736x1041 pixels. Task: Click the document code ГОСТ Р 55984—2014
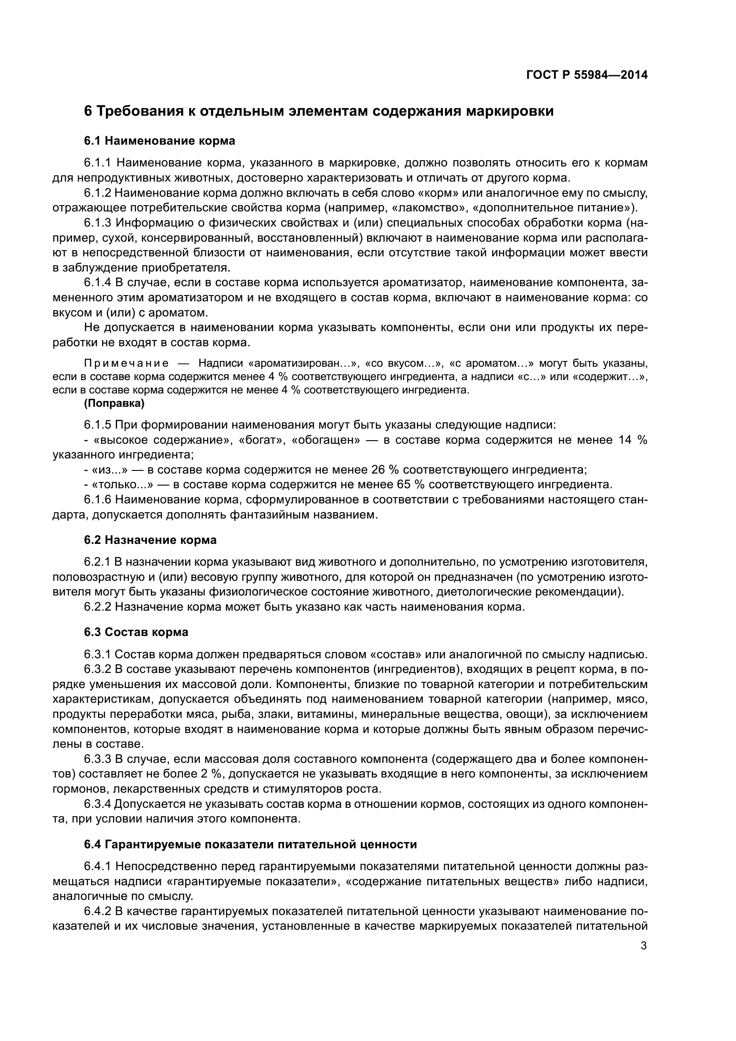click(x=586, y=75)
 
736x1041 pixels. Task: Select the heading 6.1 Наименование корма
click(x=160, y=141)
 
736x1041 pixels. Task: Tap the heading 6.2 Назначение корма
click(x=150, y=540)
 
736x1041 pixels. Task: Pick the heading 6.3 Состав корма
click(x=136, y=632)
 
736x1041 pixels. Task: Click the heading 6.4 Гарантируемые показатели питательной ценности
click(x=250, y=845)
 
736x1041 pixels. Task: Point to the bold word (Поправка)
click(x=114, y=403)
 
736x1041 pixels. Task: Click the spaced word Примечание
click(x=126, y=364)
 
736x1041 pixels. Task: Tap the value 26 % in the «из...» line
click(x=385, y=469)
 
